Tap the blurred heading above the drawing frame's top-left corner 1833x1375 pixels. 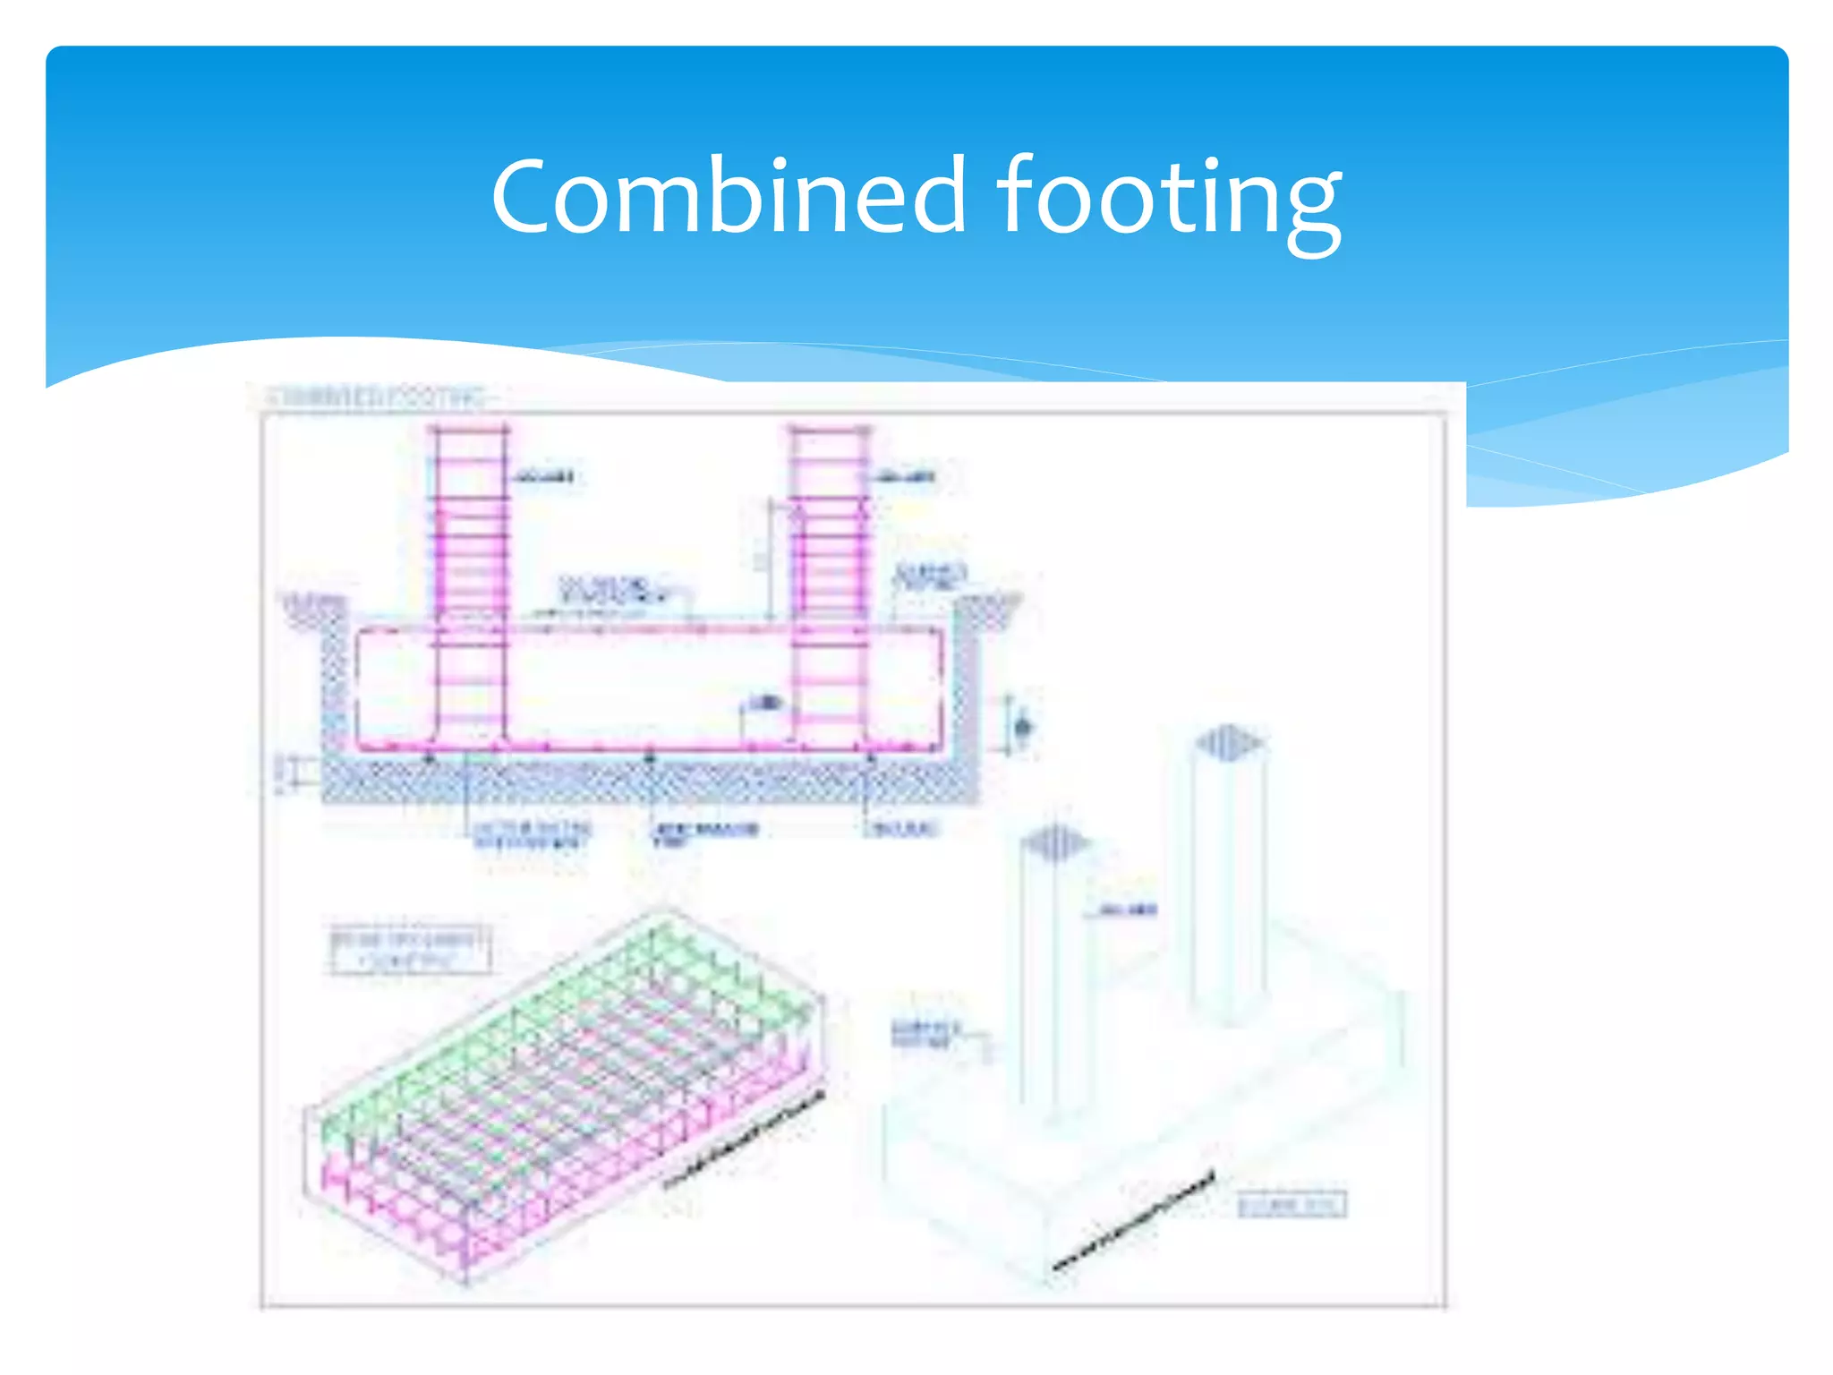(376, 397)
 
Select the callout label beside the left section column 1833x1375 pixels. (543, 476)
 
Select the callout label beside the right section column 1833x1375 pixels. (906, 476)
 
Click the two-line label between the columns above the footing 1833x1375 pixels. (613, 589)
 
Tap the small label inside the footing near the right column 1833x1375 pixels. (764, 703)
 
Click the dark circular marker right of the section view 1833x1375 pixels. (1024, 726)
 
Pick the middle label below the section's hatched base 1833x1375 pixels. (705, 833)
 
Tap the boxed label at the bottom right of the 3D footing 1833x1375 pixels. (1292, 1205)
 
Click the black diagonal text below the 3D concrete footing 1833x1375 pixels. (1134, 1220)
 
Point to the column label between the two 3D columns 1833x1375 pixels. (1127, 910)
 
